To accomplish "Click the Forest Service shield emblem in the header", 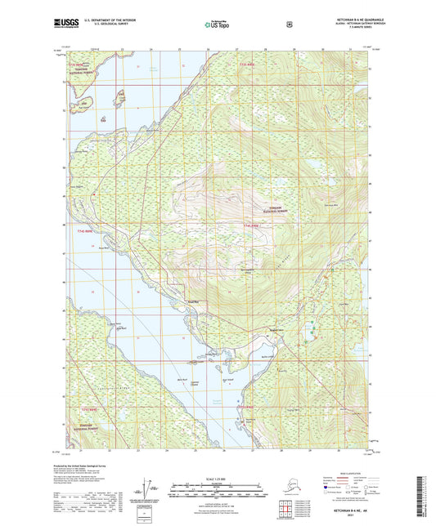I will [x=288, y=25].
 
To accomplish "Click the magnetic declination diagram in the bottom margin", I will [x=146, y=495].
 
